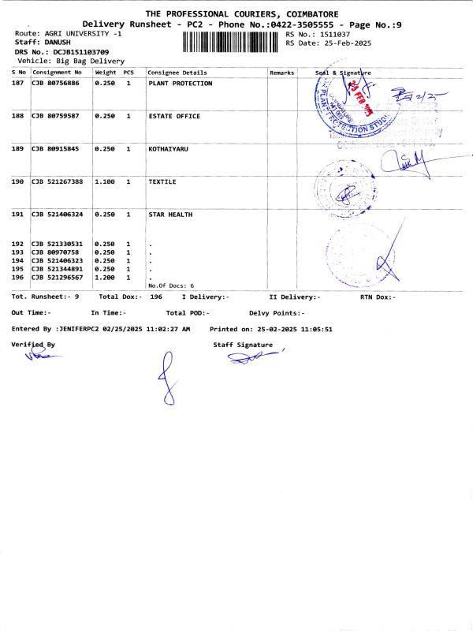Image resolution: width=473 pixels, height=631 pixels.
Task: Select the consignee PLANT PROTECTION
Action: (x=180, y=84)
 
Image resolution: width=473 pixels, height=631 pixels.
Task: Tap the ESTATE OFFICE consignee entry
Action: (x=174, y=116)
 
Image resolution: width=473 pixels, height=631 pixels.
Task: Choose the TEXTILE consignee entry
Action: (x=162, y=181)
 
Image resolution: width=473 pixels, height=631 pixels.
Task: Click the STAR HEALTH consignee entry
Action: (x=170, y=214)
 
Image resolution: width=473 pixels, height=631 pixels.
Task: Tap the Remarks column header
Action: (x=281, y=73)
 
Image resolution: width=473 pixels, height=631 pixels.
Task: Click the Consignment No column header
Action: (x=57, y=73)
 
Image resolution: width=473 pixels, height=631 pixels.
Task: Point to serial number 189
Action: (x=17, y=148)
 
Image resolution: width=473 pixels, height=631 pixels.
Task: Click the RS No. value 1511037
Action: (x=334, y=35)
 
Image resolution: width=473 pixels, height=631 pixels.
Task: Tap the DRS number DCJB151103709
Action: (x=76, y=51)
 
